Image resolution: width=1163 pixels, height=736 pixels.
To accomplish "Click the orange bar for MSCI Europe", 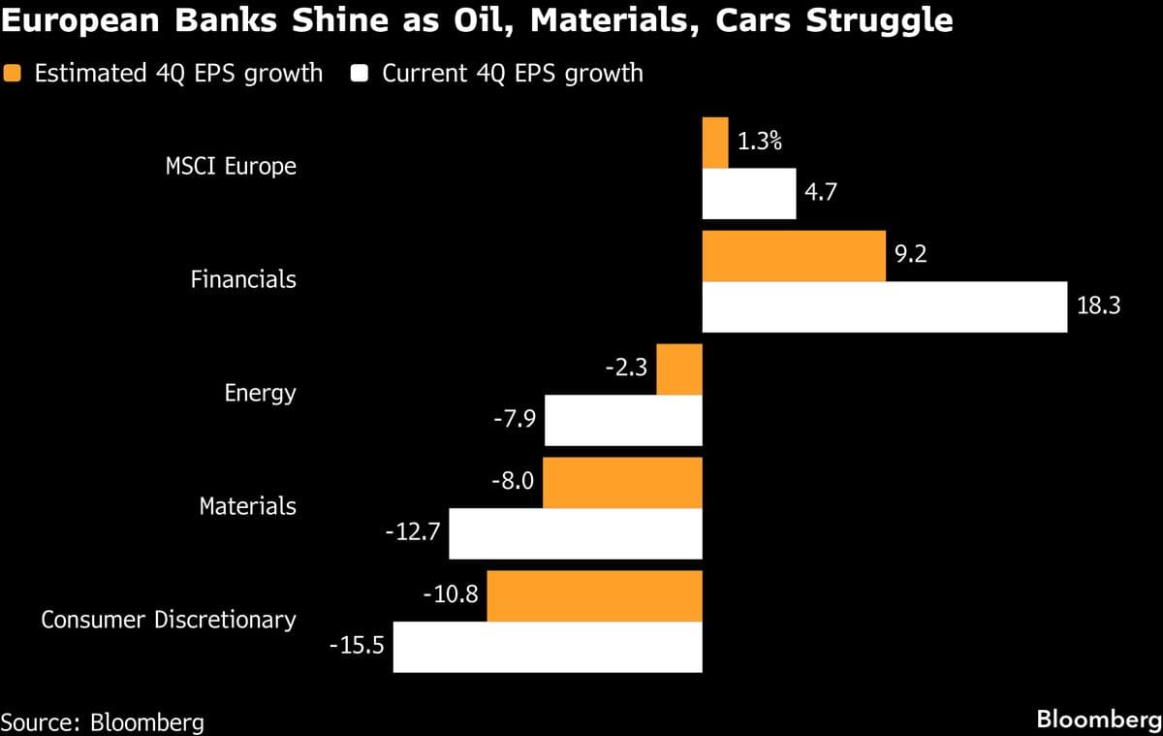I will tap(714, 143).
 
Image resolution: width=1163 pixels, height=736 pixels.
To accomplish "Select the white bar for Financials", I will tap(884, 306).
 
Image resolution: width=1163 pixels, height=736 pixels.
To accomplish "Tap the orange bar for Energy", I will tap(679, 369).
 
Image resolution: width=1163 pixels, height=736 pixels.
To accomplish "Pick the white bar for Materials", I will tap(576, 533).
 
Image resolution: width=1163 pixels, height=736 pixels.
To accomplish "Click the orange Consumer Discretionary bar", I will tap(594, 596).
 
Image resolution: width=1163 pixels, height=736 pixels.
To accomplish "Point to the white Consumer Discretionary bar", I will tap(547, 647).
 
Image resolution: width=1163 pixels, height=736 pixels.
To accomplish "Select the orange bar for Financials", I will tap(793, 256).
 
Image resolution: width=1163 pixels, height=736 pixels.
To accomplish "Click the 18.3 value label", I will tap(1098, 305).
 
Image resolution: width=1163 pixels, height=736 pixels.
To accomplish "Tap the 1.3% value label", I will tap(759, 142).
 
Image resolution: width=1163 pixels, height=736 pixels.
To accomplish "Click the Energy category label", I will tap(260, 394).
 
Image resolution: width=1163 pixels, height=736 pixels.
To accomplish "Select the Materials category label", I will tap(247, 506).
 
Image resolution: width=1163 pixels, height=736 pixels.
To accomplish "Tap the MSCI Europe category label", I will tap(231, 166).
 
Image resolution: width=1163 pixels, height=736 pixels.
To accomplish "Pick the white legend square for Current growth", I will tap(361, 74).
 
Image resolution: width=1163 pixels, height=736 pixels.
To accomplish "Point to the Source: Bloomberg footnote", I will tap(103, 721).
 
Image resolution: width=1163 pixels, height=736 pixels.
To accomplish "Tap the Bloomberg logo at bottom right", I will tap(1099, 720).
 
